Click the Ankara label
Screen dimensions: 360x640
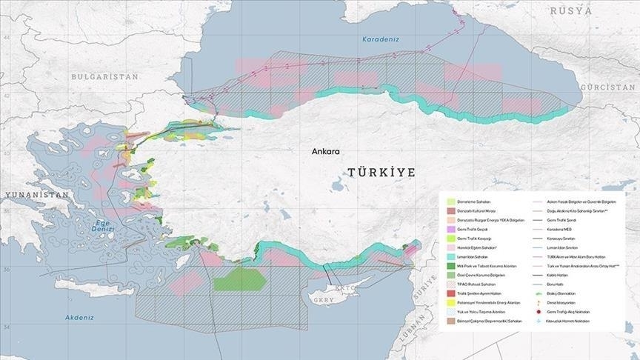[x=325, y=151]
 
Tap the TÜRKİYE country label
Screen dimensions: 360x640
[x=381, y=172]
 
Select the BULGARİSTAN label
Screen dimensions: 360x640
[x=105, y=76]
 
